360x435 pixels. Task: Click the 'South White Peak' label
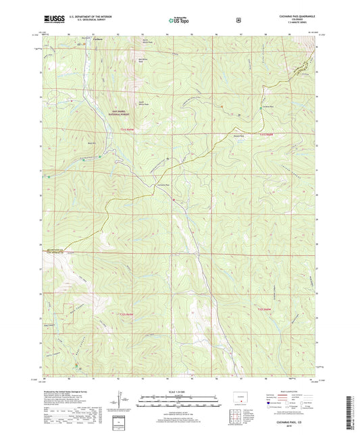pyautogui.click(x=143, y=104)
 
